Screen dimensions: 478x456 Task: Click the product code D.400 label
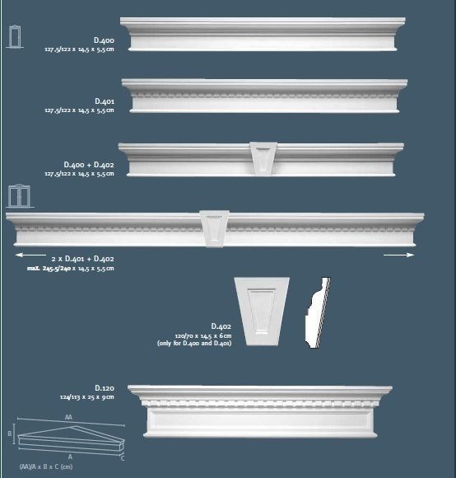point(104,40)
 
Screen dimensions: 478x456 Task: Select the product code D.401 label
point(104,101)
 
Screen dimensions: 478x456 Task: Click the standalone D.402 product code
point(221,326)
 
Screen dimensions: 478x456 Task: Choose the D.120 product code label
point(104,387)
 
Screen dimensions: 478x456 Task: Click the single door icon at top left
point(14,36)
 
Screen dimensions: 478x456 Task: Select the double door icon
point(18,196)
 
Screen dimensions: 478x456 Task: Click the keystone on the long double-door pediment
point(214,228)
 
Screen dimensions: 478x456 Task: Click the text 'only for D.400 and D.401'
point(194,343)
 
